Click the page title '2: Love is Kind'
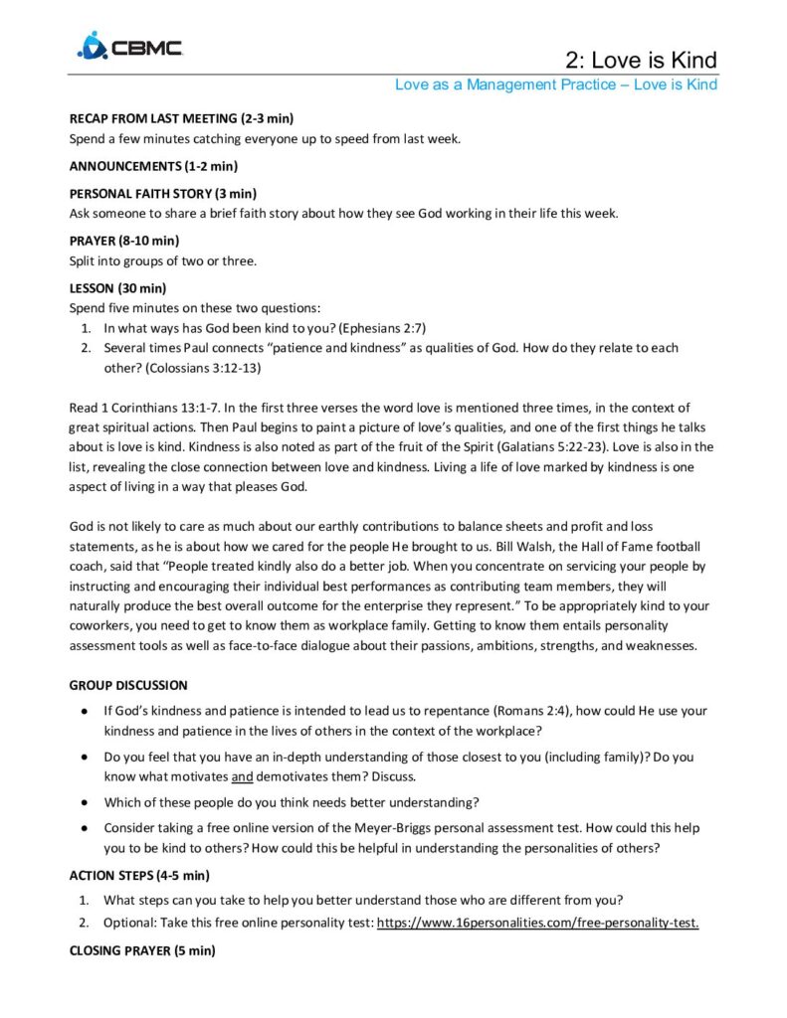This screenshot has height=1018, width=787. pos(641,59)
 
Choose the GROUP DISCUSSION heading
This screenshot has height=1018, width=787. pos(127,685)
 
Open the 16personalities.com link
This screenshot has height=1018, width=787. pos(537,923)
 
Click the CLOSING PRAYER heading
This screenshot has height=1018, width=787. pos(141,950)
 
